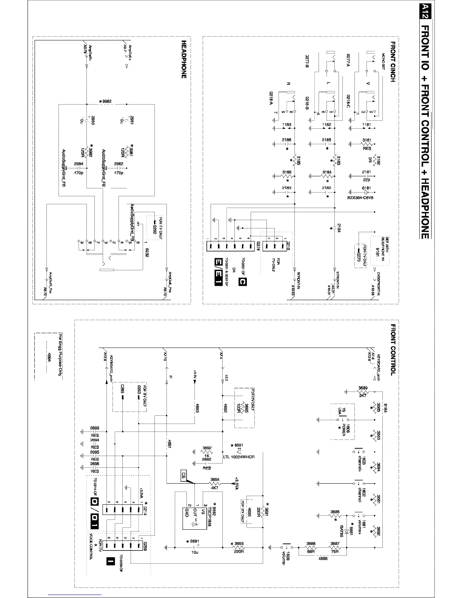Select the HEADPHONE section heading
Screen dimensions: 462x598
coord(184,60)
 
